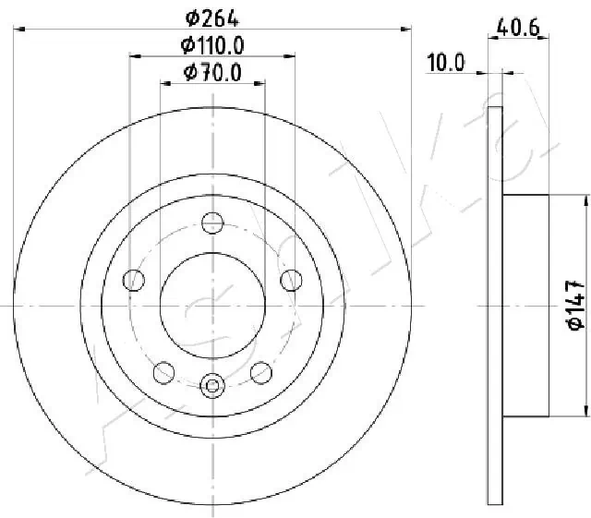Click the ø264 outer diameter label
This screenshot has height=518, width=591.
tap(211, 16)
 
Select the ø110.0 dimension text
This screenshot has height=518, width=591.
tap(211, 44)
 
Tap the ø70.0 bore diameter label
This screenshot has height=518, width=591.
tap(211, 72)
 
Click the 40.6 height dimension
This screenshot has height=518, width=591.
tap(519, 29)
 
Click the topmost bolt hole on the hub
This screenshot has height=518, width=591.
tap(212, 221)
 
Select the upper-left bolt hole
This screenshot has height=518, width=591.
tap(134, 278)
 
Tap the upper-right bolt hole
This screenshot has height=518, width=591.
tap(291, 278)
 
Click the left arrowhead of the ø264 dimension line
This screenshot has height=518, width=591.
tap(18, 30)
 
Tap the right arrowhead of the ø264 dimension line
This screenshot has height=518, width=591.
tap(406, 30)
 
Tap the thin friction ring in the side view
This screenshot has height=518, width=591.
tap(495, 304)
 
